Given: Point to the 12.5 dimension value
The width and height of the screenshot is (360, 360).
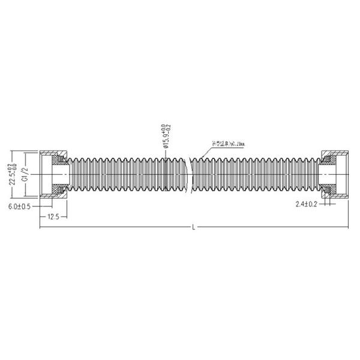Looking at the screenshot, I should [53, 217].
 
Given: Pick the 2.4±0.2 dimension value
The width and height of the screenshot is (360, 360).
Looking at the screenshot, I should [307, 205].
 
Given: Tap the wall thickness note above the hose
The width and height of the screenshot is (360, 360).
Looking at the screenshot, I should [229, 143].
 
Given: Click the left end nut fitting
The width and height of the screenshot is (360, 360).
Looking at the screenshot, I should [54, 174].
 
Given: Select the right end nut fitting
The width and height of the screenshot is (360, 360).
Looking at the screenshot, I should [334, 174].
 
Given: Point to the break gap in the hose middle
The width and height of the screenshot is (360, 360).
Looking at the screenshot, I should [188, 174].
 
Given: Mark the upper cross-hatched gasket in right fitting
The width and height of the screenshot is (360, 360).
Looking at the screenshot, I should [328, 160].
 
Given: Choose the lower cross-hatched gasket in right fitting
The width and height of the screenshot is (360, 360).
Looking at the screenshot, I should [328, 188].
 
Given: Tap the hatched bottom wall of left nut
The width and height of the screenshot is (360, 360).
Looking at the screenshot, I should [55, 196].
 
